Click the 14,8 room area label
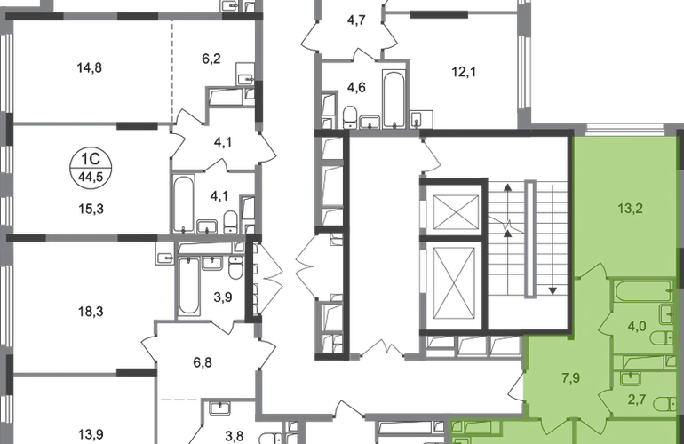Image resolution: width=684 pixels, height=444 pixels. pos(90,68)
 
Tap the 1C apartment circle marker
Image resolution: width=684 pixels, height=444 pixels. pos(91,168)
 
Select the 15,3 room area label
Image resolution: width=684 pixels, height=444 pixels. pos(91,209)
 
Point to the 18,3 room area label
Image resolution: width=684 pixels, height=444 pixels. pos(91,312)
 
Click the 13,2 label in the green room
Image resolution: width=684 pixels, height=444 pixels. pos(631,209)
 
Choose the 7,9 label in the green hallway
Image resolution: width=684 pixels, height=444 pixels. pos(570,377)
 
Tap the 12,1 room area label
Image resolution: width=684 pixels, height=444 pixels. pos(464,72)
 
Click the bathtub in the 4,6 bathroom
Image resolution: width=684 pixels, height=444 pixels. pos(394,99)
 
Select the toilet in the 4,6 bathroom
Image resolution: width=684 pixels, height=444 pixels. pos(350,116)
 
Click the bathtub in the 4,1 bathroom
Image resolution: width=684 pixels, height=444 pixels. pos(183,204)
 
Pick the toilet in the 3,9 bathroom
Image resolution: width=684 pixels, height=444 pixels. pos(235,267)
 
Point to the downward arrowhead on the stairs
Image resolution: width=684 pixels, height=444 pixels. pos(553,290)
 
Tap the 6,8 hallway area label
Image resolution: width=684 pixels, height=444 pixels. pos(203,362)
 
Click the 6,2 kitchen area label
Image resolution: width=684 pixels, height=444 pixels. pos(211,59)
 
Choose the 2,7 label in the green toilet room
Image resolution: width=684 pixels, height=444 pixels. pos(636,399)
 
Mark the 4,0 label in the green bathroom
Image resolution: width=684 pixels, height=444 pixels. pos(636,326)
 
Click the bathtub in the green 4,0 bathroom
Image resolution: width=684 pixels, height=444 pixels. pos(643,291)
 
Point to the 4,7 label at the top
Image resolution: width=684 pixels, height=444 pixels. pos(356,20)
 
